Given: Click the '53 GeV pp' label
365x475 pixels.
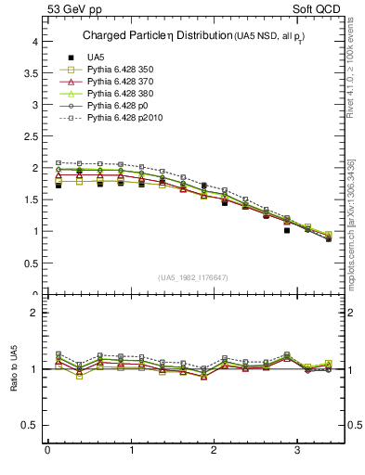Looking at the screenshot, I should [74, 10].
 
